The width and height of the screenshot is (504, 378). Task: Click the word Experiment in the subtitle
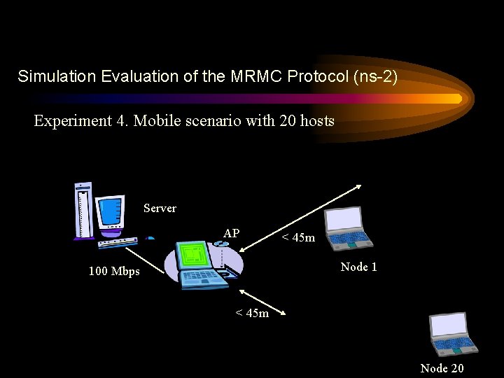tap(71, 121)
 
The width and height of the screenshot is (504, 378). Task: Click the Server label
tap(160, 208)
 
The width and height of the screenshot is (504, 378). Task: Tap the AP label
tap(232, 233)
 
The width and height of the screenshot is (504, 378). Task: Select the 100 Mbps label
tap(114, 271)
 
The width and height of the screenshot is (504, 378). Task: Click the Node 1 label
tap(358, 267)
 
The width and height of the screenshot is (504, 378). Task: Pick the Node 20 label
tap(442, 368)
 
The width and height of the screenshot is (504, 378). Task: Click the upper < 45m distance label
tap(298, 238)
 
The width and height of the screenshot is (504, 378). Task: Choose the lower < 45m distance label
tap(251, 313)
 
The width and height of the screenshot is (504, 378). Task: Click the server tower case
tap(83, 210)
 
